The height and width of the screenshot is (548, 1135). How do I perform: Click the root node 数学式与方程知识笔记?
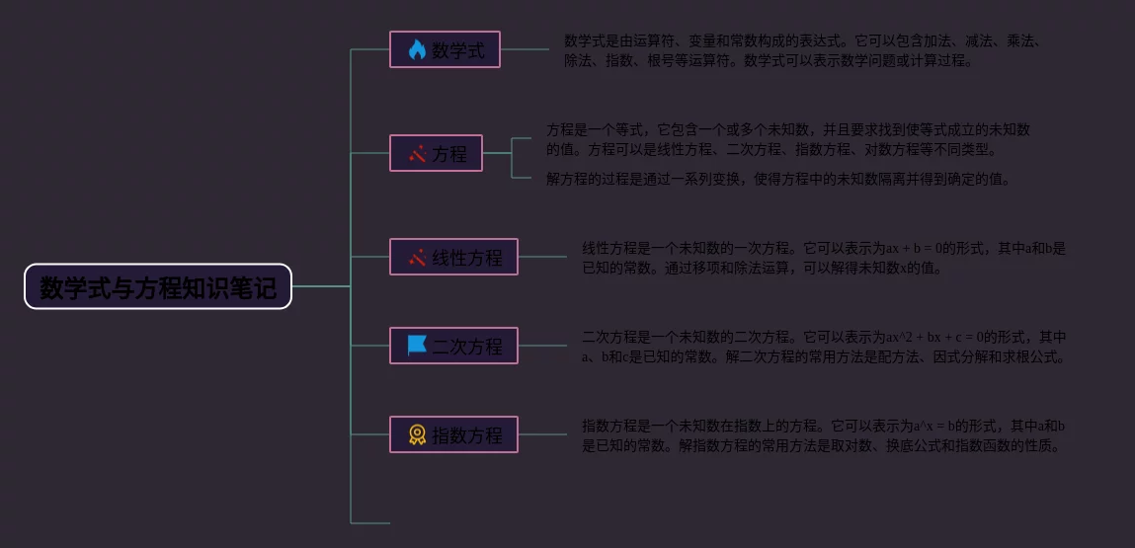click(158, 286)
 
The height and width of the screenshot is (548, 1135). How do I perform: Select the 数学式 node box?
click(445, 49)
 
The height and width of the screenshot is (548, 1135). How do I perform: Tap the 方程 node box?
click(436, 153)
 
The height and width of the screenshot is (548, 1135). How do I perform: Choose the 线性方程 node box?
click(453, 257)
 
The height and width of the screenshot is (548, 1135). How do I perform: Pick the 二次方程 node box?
click(453, 346)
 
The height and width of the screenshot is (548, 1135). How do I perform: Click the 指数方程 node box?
click(453, 434)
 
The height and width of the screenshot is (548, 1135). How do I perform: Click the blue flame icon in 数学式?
click(417, 49)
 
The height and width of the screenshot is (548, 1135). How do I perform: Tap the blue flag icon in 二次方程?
click(417, 346)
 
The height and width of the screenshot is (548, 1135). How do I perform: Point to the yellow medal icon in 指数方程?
click(417, 434)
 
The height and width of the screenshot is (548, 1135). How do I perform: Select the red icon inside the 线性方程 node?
click(417, 257)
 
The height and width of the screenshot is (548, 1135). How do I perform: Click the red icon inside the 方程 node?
click(417, 153)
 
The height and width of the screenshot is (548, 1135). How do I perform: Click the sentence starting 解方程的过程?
click(778, 179)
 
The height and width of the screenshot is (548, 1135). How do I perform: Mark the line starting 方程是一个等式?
click(788, 129)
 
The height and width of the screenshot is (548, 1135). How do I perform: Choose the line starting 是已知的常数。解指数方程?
click(822, 445)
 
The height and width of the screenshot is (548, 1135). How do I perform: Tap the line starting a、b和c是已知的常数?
click(824, 356)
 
